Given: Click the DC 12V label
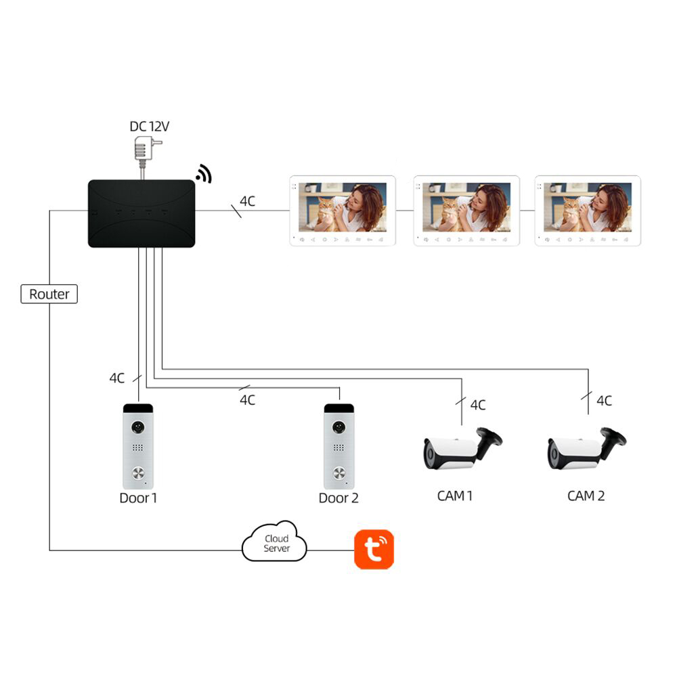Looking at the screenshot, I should [x=149, y=126].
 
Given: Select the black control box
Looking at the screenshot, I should [x=141, y=213].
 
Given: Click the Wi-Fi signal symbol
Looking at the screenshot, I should [x=204, y=174].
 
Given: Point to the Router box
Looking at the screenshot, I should [x=49, y=294].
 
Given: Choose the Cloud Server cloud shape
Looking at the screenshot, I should [x=274, y=542].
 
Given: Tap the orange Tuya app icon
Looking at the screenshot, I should [x=374, y=549].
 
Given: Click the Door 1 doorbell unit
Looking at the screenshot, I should [x=137, y=446].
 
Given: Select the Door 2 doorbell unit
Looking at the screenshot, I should [x=338, y=446].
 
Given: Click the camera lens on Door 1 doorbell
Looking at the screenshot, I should [x=138, y=428].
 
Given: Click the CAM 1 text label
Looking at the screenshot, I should [x=455, y=496].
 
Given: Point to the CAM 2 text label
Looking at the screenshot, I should [x=586, y=496].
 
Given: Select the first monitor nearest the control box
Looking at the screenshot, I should [x=343, y=210].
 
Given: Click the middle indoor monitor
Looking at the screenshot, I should [x=466, y=210].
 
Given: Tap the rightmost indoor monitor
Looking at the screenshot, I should [x=587, y=210].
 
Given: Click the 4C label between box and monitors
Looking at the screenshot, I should [x=248, y=201].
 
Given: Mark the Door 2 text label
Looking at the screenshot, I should [x=338, y=498].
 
